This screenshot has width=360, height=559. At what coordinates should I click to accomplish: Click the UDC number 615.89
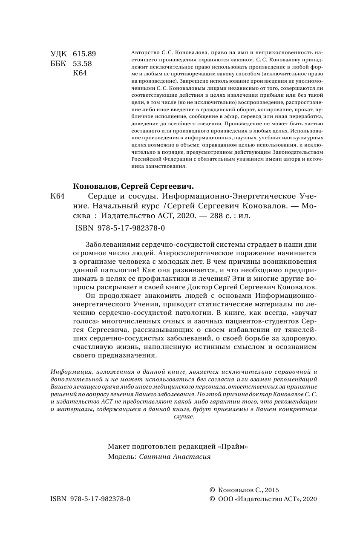point(84,54)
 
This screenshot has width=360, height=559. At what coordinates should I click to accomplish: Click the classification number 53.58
point(83,63)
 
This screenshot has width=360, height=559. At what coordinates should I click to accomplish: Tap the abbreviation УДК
point(58,54)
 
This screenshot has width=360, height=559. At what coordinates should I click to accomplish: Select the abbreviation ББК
point(58,63)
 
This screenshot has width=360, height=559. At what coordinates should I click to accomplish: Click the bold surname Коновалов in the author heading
point(95,186)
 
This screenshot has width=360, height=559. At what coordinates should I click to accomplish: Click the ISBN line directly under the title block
point(120,228)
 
